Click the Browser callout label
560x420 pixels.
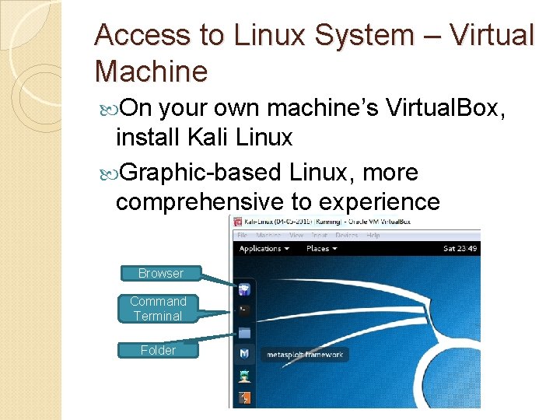coord(160,273)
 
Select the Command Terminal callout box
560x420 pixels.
coord(158,309)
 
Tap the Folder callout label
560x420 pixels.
coord(158,350)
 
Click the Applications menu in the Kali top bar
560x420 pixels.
coord(264,249)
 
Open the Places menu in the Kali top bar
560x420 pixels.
coord(321,249)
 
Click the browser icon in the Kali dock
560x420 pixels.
coord(244,290)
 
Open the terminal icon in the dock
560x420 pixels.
coord(244,311)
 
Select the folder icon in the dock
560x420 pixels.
coord(244,333)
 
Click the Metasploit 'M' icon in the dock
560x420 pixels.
coord(244,355)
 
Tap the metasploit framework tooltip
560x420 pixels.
coord(304,355)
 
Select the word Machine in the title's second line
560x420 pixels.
coord(151,72)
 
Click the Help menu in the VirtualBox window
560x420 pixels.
coord(373,235)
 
